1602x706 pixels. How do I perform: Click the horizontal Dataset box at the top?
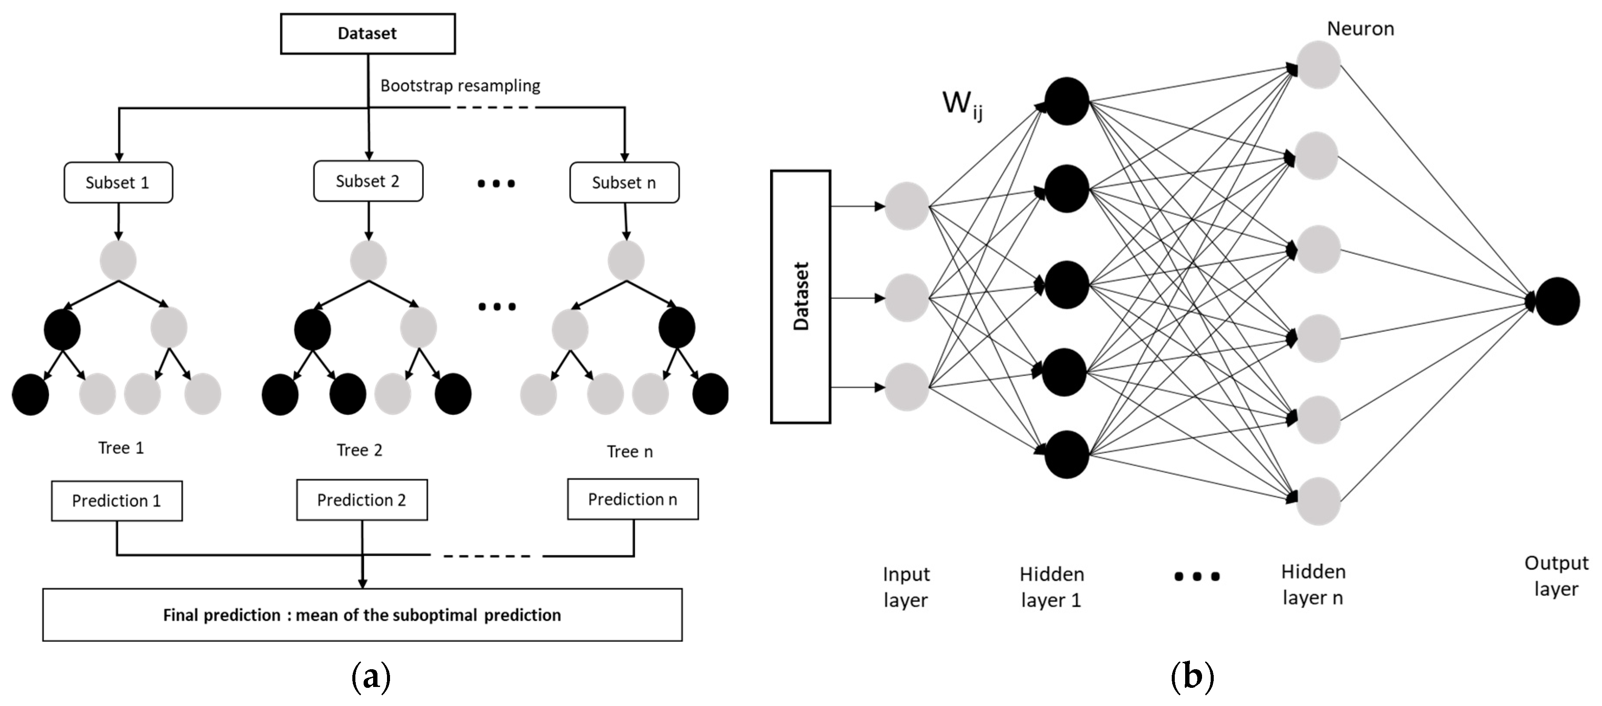coord(367,34)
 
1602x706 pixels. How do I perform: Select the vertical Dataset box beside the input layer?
coord(800,297)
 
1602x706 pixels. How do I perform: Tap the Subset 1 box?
coord(118,182)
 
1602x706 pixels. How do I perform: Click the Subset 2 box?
coord(368,181)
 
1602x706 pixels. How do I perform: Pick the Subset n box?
coord(624,182)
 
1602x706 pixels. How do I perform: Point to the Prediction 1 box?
coord(117,501)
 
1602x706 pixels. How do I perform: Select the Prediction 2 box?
coord(362,500)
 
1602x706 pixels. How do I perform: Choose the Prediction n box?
coord(632,499)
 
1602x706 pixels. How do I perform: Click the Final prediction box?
coord(362,615)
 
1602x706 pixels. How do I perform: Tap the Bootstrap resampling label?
coord(460,85)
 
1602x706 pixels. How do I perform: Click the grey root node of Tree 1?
coord(118,260)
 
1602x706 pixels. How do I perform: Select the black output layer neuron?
coord(1557,301)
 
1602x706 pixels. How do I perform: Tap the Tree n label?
coord(629,451)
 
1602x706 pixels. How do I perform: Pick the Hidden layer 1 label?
coord(1051,587)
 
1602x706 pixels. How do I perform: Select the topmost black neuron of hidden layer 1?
coord(1067,101)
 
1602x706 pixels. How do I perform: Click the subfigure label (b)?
coord(1192,676)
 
